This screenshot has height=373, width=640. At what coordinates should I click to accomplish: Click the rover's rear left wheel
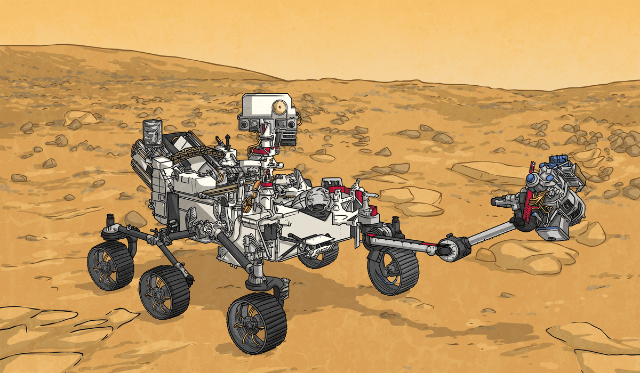pos(110,265)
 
